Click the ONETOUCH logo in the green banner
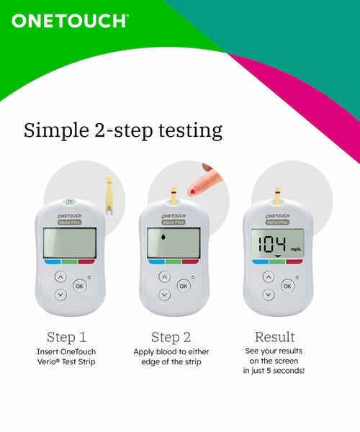(70, 21)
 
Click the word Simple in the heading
(56, 130)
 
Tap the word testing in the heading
(190, 130)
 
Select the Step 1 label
(67, 337)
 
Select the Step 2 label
(171, 337)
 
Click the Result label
(274, 337)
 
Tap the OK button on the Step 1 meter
(80, 286)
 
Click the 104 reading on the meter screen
(272, 244)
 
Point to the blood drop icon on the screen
(163, 236)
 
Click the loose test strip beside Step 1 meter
(109, 195)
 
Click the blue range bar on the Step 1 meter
(53, 261)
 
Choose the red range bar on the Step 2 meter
(190, 261)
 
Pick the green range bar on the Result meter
(278, 262)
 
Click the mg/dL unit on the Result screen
(297, 250)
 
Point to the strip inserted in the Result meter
(278, 197)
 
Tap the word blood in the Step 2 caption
(166, 352)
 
